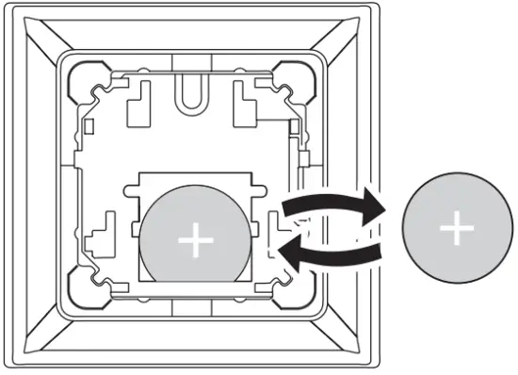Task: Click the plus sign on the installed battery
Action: tap(196, 241)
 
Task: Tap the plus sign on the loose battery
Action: tap(457, 228)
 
